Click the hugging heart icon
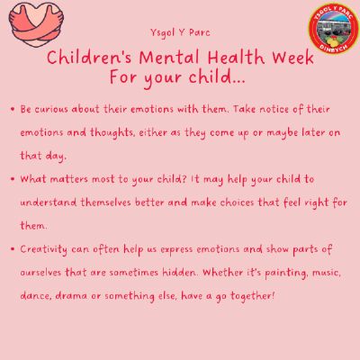click(36, 25)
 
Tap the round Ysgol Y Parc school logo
click(334, 29)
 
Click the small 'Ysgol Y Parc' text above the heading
click(180, 32)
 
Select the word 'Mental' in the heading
click(169, 58)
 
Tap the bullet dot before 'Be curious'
click(13, 109)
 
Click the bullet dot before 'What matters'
click(13, 179)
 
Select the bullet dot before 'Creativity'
click(13, 249)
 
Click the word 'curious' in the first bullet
click(51, 109)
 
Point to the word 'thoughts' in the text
click(112, 133)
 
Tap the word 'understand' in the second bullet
click(49, 202)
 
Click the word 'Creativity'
click(43, 250)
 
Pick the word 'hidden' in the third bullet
click(180, 273)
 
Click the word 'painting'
click(286, 274)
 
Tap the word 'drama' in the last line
click(71, 296)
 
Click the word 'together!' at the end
click(253, 296)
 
